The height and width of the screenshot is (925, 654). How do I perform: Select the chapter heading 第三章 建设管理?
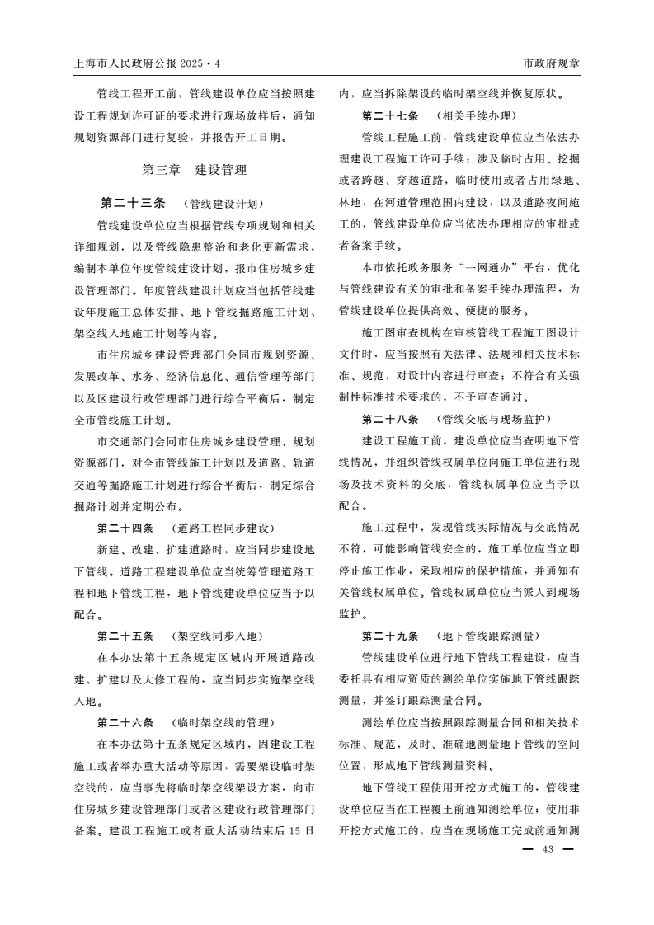click(195, 171)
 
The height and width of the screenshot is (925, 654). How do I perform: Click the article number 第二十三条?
click(134, 203)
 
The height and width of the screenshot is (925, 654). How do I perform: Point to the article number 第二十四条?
click(125, 528)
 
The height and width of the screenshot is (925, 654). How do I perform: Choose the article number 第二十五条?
click(125, 636)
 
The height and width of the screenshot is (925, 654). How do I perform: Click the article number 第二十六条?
click(125, 723)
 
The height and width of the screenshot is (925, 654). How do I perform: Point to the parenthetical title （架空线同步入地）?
click(216, 636)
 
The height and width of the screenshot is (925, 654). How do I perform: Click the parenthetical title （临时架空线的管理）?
click(222, 723)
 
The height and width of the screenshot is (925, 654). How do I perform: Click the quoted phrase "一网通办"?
click(512, 267)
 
